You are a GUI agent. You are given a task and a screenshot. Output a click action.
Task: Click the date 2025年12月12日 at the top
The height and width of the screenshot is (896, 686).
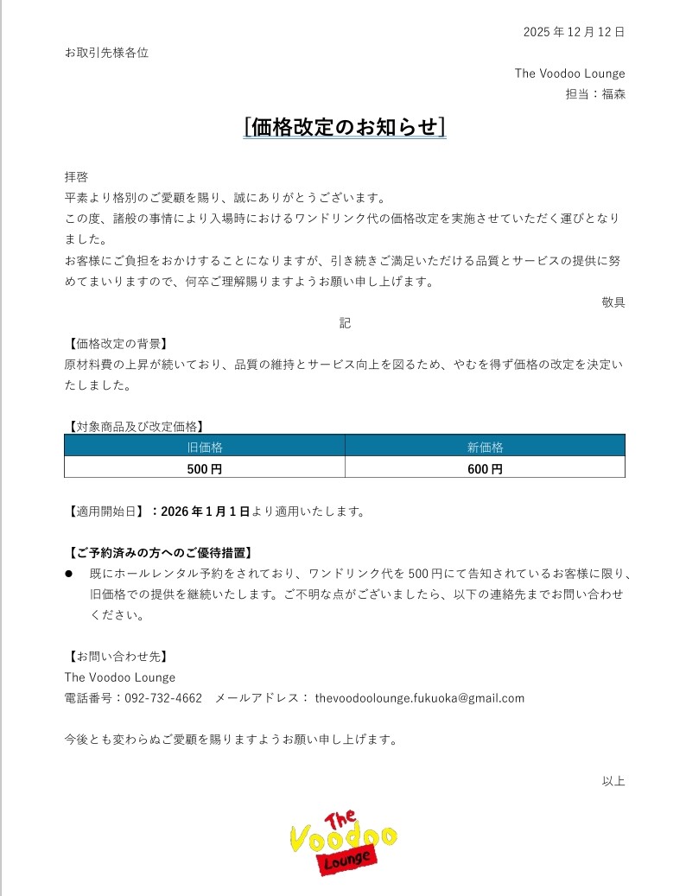(x=574, y=32)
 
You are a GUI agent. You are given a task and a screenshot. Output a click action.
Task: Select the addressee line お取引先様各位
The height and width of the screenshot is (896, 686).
(x=106, y=53)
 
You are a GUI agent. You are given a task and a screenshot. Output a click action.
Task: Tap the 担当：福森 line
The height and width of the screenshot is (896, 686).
(x=595, y=94)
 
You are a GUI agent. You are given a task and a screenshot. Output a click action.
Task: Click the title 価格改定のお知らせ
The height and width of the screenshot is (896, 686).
(x=345, y=127)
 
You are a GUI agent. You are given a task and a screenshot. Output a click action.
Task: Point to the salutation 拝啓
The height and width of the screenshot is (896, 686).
(x=76, y=176)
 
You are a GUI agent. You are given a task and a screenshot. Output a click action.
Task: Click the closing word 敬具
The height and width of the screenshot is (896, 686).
(x=613, y=302)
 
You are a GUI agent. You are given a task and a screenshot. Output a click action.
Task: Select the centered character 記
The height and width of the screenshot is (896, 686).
(x=345, y=323)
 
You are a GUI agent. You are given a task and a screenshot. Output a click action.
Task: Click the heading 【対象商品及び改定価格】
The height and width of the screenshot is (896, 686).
(x=136, y=426)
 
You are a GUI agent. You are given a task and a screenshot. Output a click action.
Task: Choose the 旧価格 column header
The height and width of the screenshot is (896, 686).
(x=205, y=448)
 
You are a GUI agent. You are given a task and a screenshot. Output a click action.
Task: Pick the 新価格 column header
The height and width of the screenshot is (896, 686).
(x=485, y=448)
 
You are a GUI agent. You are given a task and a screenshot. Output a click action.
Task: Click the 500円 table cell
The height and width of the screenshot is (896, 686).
(x=205, y=469)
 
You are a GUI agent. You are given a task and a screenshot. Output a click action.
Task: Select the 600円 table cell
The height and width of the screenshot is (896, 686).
(x=485, y=469)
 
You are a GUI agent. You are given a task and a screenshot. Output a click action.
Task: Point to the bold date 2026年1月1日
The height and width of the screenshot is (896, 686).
(x=206, y=512)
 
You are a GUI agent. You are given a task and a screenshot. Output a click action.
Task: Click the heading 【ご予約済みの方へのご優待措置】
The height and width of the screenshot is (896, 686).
(x=163, y=552)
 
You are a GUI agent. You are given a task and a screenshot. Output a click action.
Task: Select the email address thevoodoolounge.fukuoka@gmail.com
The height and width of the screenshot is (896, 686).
(x=420, y=698)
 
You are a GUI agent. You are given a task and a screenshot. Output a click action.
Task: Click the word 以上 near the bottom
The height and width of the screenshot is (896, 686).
(x=613, y=781)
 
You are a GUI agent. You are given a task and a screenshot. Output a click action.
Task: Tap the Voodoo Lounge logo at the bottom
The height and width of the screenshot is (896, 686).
(x=343, y=842)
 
